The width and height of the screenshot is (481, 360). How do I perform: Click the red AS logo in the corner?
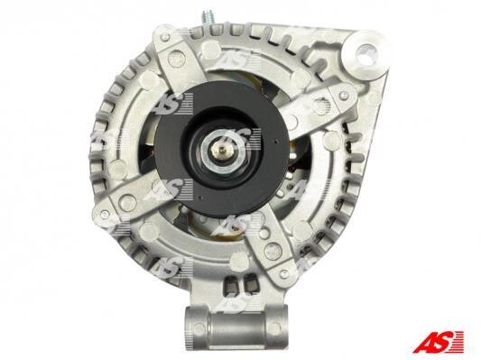[439, 342]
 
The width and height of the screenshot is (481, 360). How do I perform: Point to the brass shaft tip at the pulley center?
[222, 150]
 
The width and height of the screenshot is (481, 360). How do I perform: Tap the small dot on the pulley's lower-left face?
[199, 198]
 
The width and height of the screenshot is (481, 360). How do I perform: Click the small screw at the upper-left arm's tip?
[165, 37]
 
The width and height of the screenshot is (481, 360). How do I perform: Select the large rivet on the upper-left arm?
[175, 57]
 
